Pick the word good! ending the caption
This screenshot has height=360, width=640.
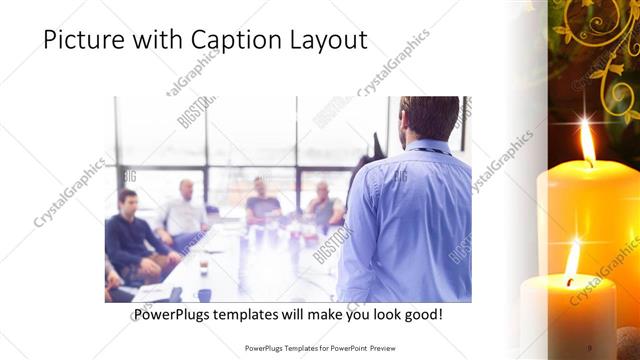pyautogui.click(x=421, y=315)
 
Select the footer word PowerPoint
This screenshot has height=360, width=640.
pyautogui.click(x=343, y=348)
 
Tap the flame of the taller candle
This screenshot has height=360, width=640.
pyautogui.click(x=587, y=143)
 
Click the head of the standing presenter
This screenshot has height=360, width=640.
pyautogui.click(x=430, y=117)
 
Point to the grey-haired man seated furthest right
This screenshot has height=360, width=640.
pyautogui.click(x=323, y=204)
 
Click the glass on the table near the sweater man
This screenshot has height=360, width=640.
pyautogui.click(x=203, y=266)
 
